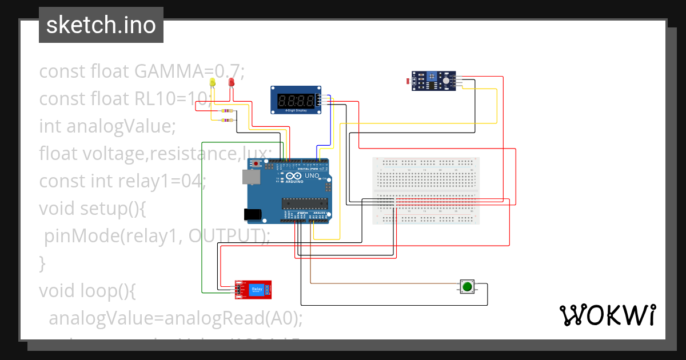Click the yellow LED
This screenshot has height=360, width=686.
tap(213, 83)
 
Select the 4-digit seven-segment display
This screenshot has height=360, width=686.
tap(295, 101)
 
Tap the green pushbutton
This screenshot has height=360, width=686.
tap(467, 286)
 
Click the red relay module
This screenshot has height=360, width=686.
tap(256, 290)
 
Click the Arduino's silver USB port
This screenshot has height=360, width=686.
tap(250, 178)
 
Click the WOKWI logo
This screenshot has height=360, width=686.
tap(607, 315)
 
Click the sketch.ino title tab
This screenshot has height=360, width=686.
tap(101, 25)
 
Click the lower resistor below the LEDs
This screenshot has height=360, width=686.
tap(227, 120)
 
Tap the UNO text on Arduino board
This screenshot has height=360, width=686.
tap(312, 176)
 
